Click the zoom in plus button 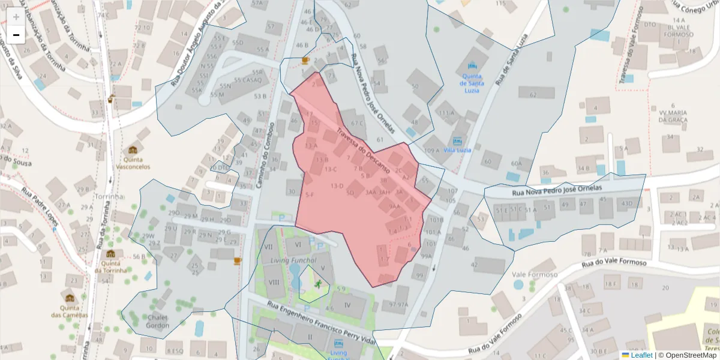16,16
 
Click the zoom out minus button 16,35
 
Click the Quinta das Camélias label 70,311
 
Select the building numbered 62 533,95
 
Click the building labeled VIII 274,283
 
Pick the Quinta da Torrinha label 114,266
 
